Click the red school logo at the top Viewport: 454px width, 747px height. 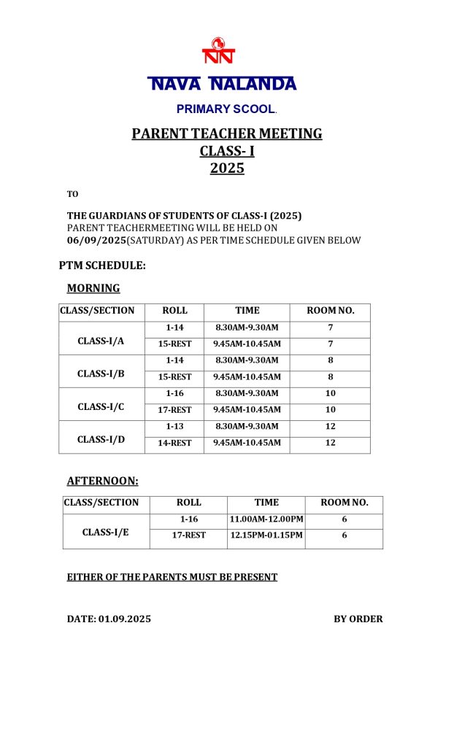[218, 51]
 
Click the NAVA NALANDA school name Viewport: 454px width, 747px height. [223, 84]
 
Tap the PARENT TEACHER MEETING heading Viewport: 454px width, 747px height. [227, 133]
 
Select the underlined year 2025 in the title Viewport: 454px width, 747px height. [227, 169]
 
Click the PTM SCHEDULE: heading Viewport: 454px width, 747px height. [102, 266]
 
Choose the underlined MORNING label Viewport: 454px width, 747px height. [93, 288]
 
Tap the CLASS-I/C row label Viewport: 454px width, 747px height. [101, 406]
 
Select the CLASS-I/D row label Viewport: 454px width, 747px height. [101, 439]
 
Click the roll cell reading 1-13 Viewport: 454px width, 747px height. [174, 427]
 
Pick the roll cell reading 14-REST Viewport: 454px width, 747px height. [174, 443]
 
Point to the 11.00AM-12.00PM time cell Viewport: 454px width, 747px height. [266, 519]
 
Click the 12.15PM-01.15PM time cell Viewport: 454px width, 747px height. [266, 535]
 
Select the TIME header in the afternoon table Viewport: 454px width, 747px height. [266, 503]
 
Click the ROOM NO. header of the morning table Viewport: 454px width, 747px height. [331, 311]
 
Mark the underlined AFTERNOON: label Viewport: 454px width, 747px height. [102, 481]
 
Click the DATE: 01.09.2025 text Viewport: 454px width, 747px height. [109, 619]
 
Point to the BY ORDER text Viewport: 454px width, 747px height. [358, 619]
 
